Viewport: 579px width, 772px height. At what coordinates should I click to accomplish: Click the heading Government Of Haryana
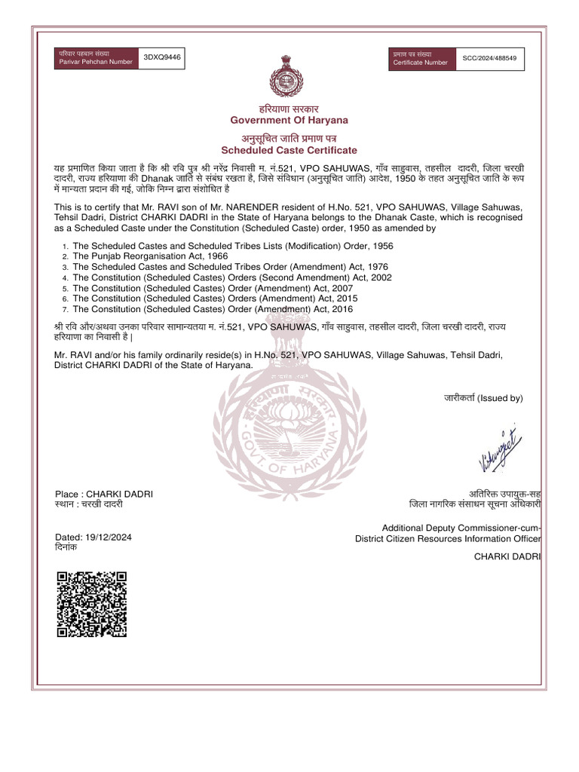(289, 121)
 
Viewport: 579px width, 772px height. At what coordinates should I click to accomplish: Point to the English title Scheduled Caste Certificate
(289, 150)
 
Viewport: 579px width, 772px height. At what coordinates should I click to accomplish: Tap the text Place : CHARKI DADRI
(104, 493)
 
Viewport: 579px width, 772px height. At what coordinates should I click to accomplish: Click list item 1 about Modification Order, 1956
(232, 246)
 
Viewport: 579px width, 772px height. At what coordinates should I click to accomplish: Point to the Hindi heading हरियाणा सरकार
(289, 109)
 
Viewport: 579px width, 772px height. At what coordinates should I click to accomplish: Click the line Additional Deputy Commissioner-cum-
(461, 528)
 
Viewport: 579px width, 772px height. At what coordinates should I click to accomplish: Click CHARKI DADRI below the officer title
(507, 556)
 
